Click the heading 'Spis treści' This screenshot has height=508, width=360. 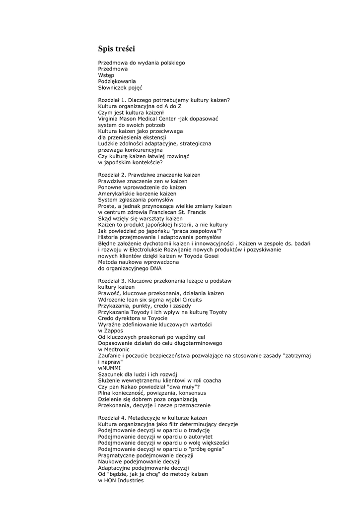coord(116,49)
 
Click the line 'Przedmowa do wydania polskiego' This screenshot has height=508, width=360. coord(142,63)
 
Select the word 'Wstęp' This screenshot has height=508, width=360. coord(106,75)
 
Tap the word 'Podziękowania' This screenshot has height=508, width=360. coord(117,81)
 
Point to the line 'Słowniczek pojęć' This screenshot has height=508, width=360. coord(120,87)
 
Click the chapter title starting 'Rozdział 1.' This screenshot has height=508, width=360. coord(164,100)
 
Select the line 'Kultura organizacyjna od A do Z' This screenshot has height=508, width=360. coord(140,106)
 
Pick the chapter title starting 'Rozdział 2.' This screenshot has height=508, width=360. coord(149,175)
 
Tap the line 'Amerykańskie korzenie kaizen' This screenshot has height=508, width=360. coord(137,193)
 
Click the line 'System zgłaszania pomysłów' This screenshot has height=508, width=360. coord(133,200)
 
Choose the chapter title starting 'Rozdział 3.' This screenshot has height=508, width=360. coord(165,281)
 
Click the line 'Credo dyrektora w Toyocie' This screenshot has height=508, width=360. coord(130,318)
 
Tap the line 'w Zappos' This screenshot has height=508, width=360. coord(111,331)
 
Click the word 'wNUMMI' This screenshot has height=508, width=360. coord(109,368)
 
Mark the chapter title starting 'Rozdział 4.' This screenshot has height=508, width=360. coord(152,418)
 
